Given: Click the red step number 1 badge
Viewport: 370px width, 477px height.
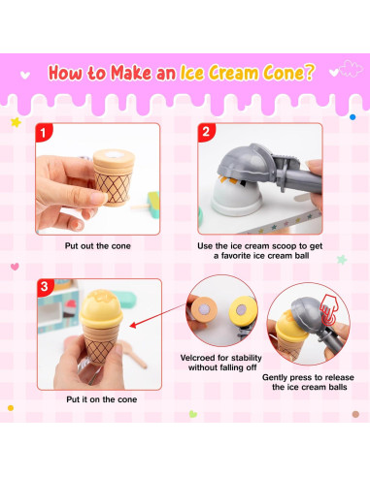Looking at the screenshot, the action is tap(44, 132).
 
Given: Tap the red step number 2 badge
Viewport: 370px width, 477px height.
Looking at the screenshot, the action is tap(206, 132).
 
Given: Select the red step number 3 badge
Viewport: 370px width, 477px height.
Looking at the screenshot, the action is tap(45, 287).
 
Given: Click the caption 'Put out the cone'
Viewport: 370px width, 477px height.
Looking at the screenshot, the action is tap(98, 246).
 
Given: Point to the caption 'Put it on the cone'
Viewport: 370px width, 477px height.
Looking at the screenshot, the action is tap(102, 399).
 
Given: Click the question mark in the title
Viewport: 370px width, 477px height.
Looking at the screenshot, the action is tap(309, 72).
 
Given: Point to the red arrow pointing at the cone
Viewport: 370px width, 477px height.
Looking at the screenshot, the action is tap(158, 315).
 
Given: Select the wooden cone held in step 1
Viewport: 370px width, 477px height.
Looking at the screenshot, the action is tap(114, 177).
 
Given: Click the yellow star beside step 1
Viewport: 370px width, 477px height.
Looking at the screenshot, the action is tap(16, 122).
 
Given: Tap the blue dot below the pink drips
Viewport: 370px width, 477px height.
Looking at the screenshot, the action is tap(353, 117).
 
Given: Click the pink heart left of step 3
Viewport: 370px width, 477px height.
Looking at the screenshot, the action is tap(15, 267).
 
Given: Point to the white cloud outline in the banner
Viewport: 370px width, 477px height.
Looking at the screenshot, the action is tap(351, 68).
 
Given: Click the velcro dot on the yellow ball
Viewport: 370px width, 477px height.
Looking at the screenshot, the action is tap(241, 310).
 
